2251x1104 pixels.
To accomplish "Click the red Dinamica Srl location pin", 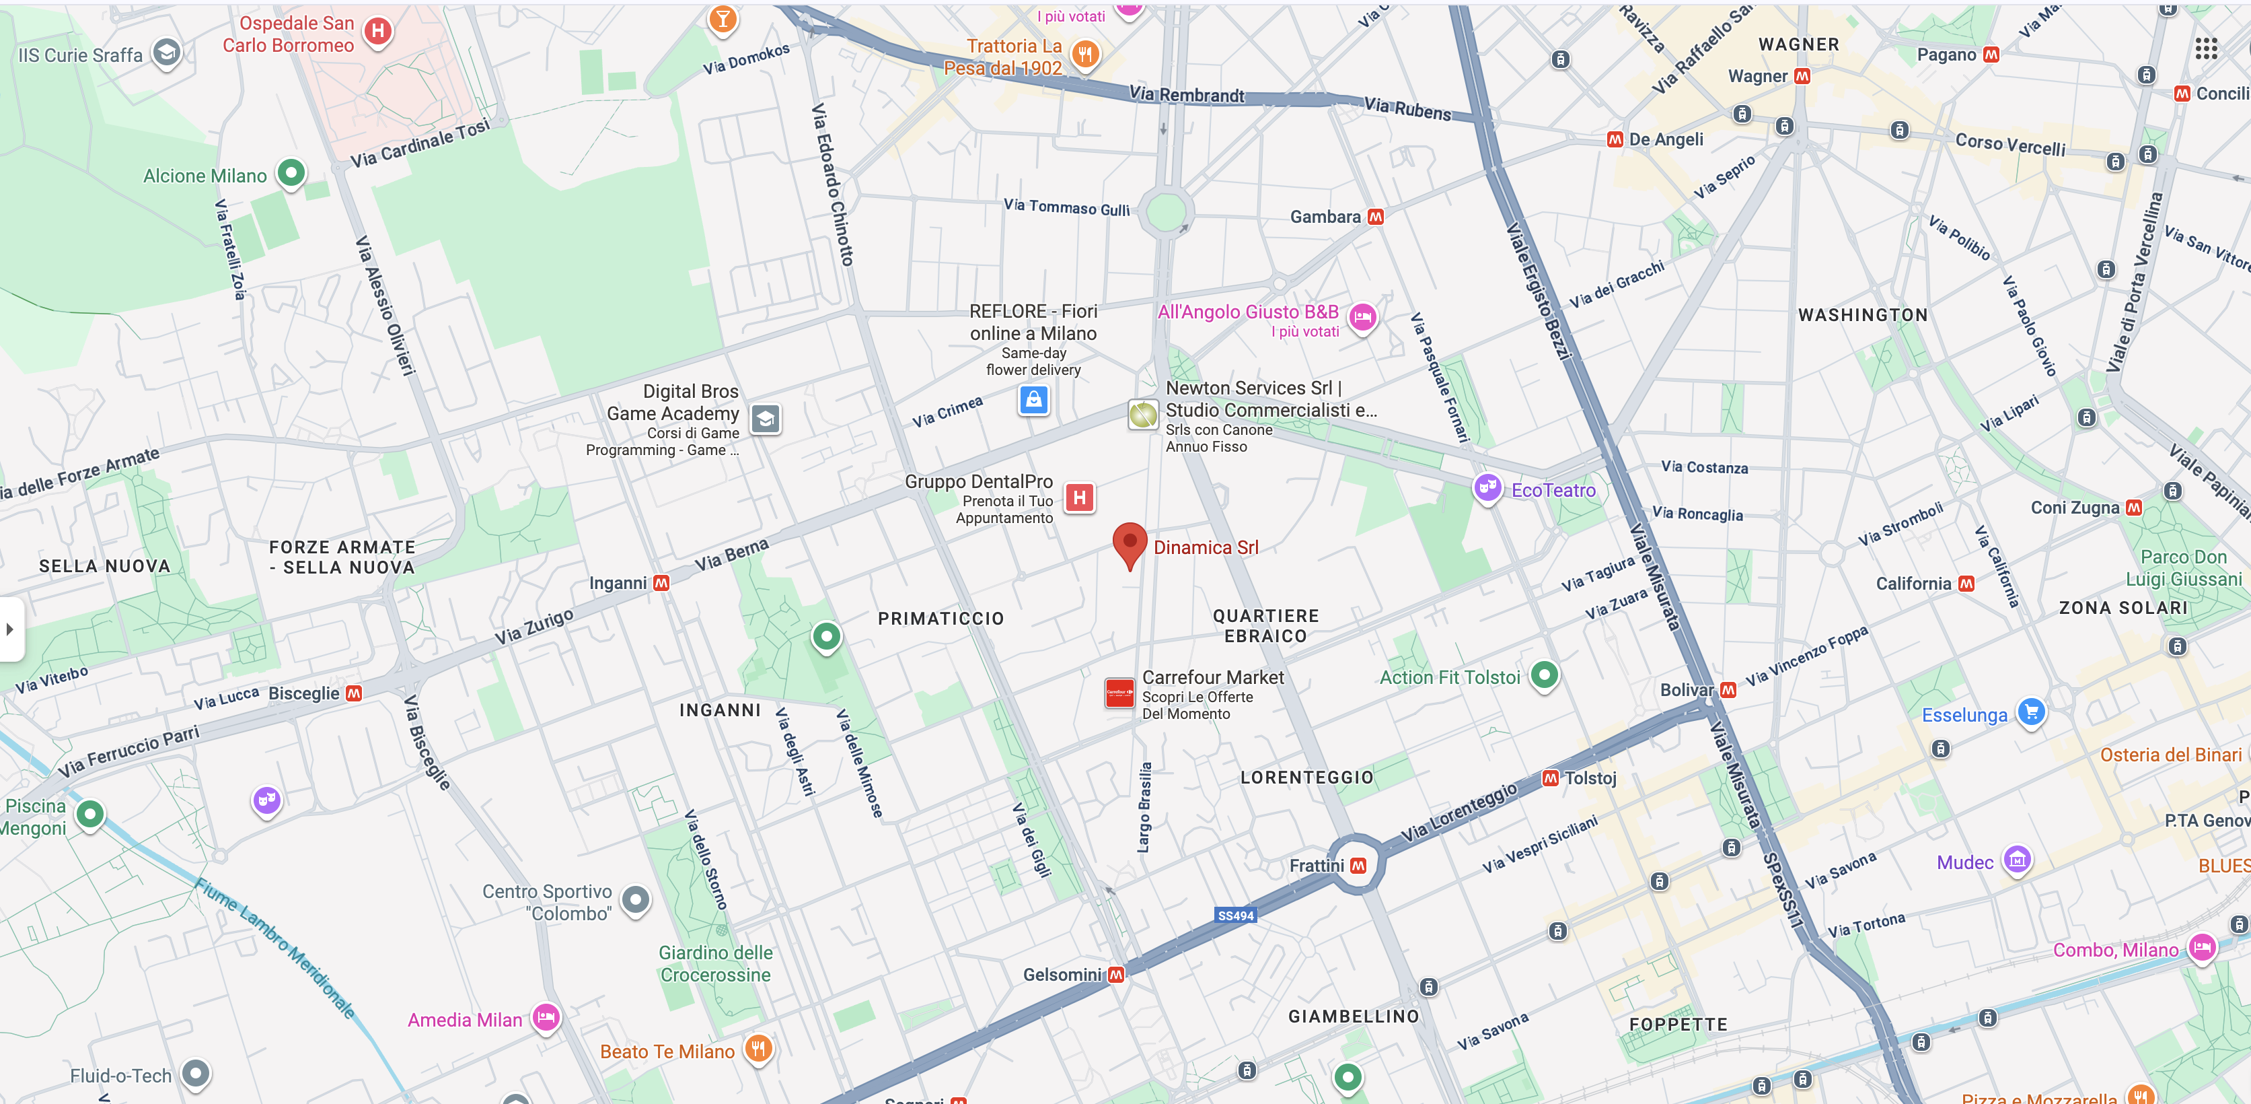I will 1129,543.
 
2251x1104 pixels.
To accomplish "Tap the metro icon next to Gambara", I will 1375,217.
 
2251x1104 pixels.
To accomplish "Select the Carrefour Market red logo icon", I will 1119,694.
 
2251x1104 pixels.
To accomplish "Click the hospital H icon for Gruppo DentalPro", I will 1079,498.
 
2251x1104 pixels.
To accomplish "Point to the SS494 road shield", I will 1236,916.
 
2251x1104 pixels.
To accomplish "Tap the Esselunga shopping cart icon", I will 2031,712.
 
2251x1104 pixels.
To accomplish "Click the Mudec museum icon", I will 2017,860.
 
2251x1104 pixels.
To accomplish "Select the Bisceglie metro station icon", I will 354,693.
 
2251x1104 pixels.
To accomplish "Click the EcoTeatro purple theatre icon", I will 1487,488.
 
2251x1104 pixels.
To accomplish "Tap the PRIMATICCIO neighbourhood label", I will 941,619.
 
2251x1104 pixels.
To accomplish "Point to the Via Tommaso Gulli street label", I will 1066,207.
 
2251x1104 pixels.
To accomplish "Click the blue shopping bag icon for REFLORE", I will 1034,401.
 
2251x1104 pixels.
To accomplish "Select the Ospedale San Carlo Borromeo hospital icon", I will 377,32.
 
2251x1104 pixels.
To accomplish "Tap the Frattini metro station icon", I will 1358,866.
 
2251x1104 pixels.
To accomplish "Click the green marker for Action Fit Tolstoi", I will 1544,675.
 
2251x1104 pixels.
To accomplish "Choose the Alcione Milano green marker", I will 291,173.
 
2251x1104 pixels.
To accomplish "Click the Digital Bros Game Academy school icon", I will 766,419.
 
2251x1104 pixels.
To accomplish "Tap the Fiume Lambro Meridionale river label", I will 275,948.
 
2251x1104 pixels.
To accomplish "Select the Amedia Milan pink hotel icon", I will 546,1016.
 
